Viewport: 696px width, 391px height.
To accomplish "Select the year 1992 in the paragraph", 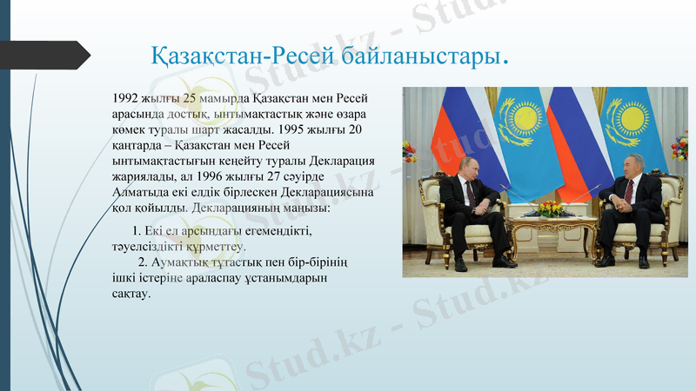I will pyautogui.click(x=127, y=98).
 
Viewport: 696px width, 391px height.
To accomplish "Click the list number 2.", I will pyautogui.click(x=143, y=262).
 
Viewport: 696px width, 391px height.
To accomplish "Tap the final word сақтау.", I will pyautogui.click(x=131, y=293).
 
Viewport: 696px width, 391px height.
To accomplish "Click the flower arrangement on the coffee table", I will pyautogui.click(x=551, y=209).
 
